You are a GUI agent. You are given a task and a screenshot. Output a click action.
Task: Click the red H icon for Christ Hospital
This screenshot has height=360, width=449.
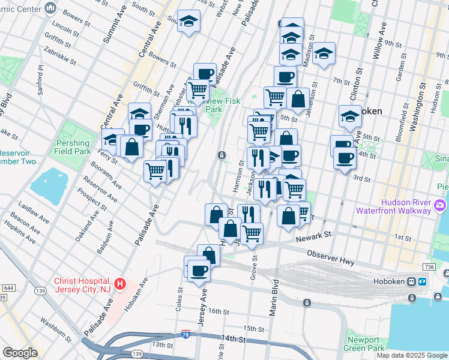(x=120, y=283)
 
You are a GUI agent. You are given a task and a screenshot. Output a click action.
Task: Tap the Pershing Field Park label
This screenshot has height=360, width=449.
(x=73, y=148)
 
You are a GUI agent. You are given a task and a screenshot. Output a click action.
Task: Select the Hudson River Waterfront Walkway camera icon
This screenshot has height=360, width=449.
(x=441, y=206)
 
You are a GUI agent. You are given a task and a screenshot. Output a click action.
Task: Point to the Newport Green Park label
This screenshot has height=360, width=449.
(x=365, y=344)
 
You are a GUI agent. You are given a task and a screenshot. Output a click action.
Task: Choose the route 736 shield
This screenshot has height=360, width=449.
(x=428, y=266)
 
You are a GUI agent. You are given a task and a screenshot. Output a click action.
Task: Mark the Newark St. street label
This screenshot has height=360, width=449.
(x=313, y=238)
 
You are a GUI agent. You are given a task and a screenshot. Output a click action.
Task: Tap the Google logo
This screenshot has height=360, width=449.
(x=20, y=353)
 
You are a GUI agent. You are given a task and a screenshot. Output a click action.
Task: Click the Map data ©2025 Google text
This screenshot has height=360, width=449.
(x=412, y=355)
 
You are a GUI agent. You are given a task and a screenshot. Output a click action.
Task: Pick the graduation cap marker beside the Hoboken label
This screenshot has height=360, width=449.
(x=350, y=116)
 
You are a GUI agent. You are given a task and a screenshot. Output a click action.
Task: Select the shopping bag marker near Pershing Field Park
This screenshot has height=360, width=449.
(x=131, y=146)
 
